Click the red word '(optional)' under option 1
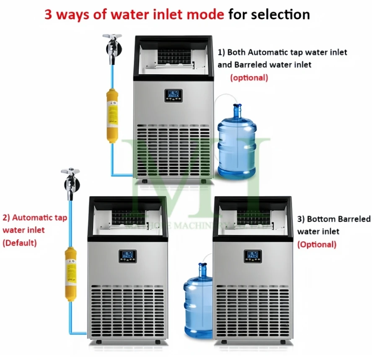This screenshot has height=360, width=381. click(249, 78)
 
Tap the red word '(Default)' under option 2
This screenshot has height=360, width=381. click(20, 243)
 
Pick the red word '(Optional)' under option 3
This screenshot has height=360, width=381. click(317, 244)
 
